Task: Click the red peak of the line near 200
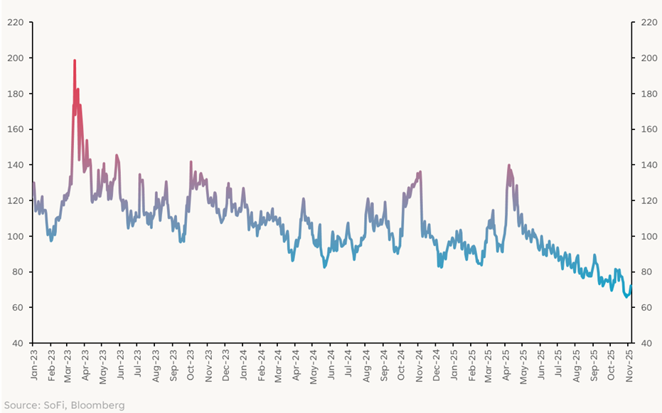[75, 61]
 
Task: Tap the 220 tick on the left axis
[16, 22]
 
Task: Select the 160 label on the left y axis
[16, 129]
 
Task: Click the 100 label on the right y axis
[646, 236]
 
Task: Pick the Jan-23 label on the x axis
[33, 362]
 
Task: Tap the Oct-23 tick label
[191, 362]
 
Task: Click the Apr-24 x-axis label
[297, 362]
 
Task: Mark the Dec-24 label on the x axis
[437, 362]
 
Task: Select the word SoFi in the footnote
[53, 405]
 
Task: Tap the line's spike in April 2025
[509, 166]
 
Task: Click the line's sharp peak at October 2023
[191, 162]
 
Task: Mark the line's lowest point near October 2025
[627, 297]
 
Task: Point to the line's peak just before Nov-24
[420, 172]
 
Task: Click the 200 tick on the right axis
[646, 58]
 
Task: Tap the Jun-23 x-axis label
[121, 362]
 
